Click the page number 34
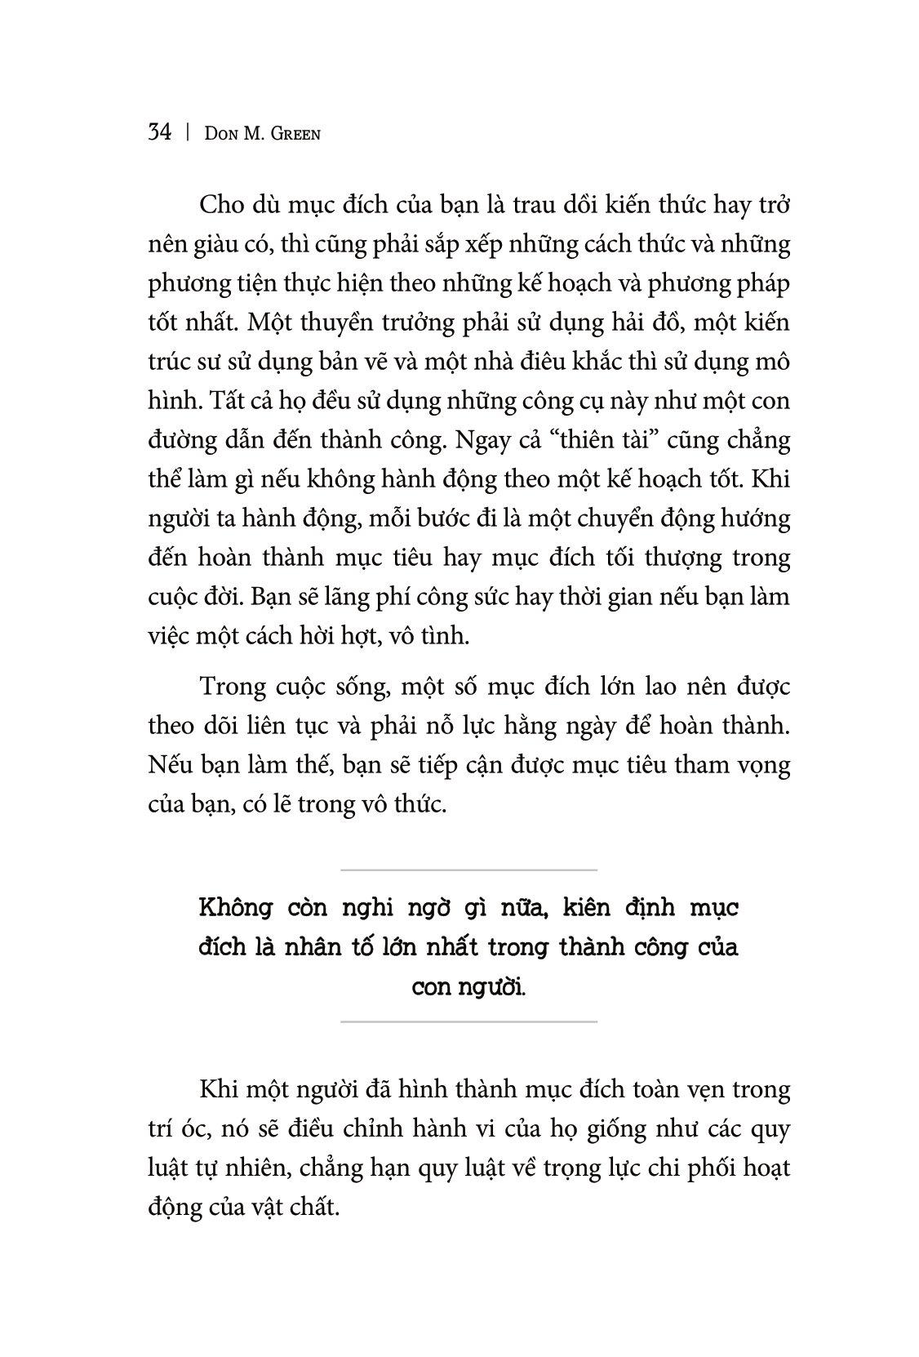[160, 131]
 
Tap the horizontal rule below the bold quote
[468, 1021]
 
